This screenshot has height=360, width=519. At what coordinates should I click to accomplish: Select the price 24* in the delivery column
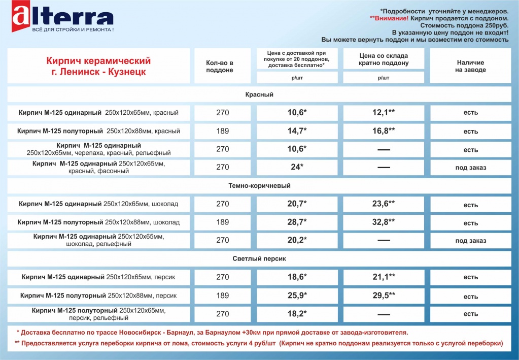[x=297, y=167]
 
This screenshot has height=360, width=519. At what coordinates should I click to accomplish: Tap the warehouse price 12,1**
[x=384, y=112]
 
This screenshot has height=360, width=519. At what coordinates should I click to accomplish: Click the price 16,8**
[x=384, y=131]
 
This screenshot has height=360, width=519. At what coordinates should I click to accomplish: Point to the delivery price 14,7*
[x=297, y=131]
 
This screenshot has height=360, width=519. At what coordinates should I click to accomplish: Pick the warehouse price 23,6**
[x=384, y=204]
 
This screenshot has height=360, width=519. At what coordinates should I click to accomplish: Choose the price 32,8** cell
[x=384, y=222]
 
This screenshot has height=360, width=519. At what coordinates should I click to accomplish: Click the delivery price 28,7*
[x=297, y=222]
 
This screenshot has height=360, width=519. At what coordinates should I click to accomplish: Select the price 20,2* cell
[x=297, y=240]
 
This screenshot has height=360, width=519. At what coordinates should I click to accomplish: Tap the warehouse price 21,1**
[x=384, y=277]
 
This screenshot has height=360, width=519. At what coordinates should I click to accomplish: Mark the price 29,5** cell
[x=384, y=296]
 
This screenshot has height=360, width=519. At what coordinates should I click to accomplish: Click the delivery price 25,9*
[x=297, y=296]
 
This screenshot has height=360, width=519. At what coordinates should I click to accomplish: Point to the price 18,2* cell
[x=297, y=314]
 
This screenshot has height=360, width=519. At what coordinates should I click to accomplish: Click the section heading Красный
[x=259, y=95]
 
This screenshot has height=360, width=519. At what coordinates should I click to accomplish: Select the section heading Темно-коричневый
[x=259, y=186]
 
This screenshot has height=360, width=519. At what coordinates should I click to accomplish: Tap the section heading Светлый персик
[x=259, y=259]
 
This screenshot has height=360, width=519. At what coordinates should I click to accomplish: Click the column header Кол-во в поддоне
[x=220, y=66]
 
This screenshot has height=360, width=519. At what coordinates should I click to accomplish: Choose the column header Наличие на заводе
[x=470, y=66]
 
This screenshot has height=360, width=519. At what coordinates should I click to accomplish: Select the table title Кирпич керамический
[x=98, y=61]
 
